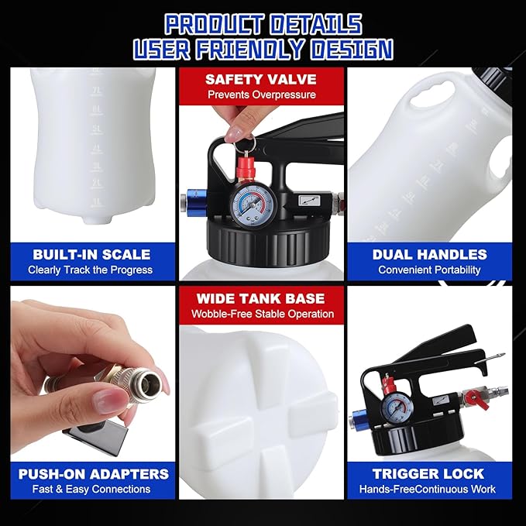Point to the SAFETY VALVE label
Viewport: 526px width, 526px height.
point(263,79)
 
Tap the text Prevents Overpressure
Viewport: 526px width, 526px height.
point(263,95)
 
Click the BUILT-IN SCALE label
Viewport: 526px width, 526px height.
point(91,254)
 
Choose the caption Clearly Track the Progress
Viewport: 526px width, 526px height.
point(91,270)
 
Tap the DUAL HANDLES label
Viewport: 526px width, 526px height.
point(429,254)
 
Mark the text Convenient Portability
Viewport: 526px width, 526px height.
point(429,270)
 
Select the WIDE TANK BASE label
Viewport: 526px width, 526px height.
point(263,298)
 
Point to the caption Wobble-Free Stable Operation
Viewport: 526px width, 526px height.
point(263,314)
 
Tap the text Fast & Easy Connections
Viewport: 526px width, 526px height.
point(91,490)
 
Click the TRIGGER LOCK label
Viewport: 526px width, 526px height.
point(429,473)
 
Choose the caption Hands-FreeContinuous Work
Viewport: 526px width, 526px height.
point(429,490)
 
